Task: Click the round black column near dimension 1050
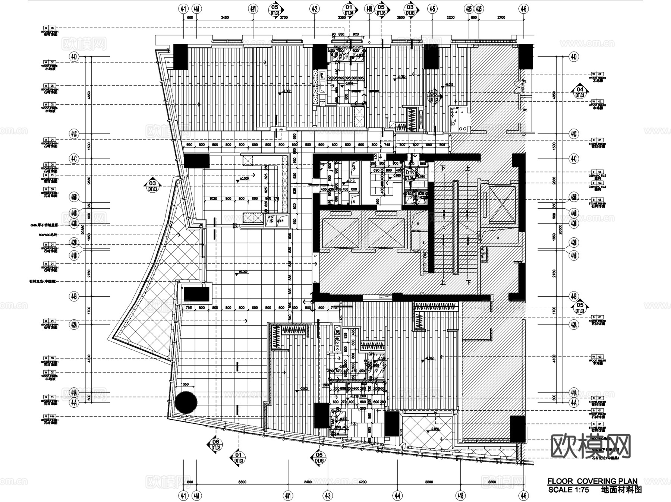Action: click(186, 402)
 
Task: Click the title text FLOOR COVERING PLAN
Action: click(592, 481)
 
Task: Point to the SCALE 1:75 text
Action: click(568, 490)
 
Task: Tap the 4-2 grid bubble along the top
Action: click(314, 8)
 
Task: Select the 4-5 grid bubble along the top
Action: click(432, 8)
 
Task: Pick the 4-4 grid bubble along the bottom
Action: click(397, 495)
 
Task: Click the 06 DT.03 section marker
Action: click(215, 444)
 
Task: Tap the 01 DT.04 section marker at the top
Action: click(349, 10)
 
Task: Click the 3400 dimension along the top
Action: click(224, 18)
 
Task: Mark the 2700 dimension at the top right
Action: click(501, 18)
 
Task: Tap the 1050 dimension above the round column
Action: click(185, 384)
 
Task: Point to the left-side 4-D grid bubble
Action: click(74, 57)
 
